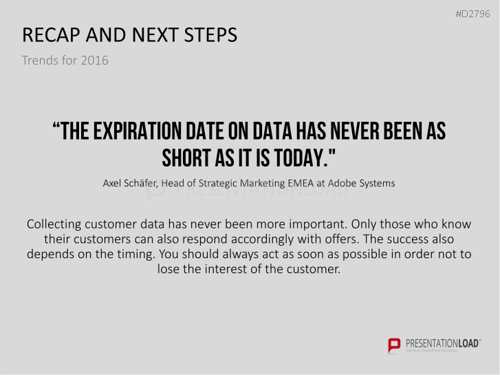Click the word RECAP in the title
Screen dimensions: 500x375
[51, 35]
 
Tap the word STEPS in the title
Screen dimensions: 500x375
[210, 35]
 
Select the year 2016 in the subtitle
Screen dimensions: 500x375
[94, 61]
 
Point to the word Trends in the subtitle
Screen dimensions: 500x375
[39, 61]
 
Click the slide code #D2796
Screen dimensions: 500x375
[472, 14]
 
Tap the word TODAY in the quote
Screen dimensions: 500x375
[301, 158]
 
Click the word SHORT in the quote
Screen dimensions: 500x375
[186, 158]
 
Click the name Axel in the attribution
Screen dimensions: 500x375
[111, 183]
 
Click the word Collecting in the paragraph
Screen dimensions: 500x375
[54, 224]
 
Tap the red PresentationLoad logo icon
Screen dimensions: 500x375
[394, 345]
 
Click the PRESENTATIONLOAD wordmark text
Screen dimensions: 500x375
[443, 344]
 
